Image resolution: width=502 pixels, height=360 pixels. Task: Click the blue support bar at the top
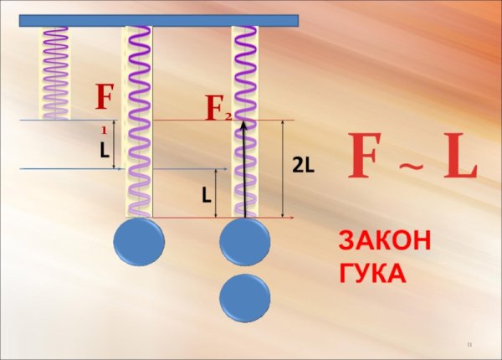point(159,20)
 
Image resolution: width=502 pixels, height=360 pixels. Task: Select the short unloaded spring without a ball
point(56,71)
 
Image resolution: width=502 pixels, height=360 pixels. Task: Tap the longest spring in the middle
point(138,121)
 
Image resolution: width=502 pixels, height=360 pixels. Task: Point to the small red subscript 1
point(104,131)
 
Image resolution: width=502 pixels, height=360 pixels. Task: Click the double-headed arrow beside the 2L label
point(284,168)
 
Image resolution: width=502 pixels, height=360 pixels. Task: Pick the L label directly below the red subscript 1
point(103,152)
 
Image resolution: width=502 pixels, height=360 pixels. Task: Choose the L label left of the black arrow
point(205,195)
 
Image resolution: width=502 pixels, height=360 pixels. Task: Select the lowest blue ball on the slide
point(245,297)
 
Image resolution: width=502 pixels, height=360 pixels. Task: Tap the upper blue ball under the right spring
point(245,244)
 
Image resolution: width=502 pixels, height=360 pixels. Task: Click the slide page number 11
point(470,345)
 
